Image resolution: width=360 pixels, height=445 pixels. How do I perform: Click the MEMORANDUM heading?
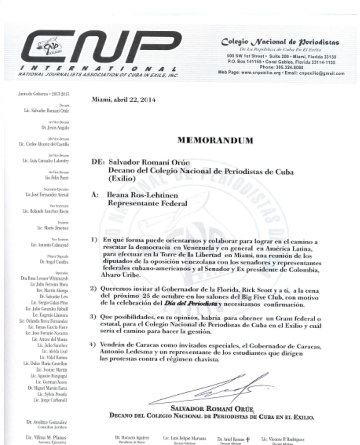(x=215, y=140)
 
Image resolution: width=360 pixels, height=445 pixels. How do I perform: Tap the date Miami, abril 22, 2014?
(x=123, y=99)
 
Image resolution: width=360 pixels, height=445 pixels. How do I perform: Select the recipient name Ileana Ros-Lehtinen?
(x=142, y=195)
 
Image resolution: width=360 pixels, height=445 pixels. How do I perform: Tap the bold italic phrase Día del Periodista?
(x=190, y=304)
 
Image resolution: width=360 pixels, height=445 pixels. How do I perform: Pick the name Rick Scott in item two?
(x=256, y=290)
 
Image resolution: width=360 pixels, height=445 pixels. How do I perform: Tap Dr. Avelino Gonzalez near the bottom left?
(x=46, y=422)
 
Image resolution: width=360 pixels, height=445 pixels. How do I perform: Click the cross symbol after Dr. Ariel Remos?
(x=248, y=439)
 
